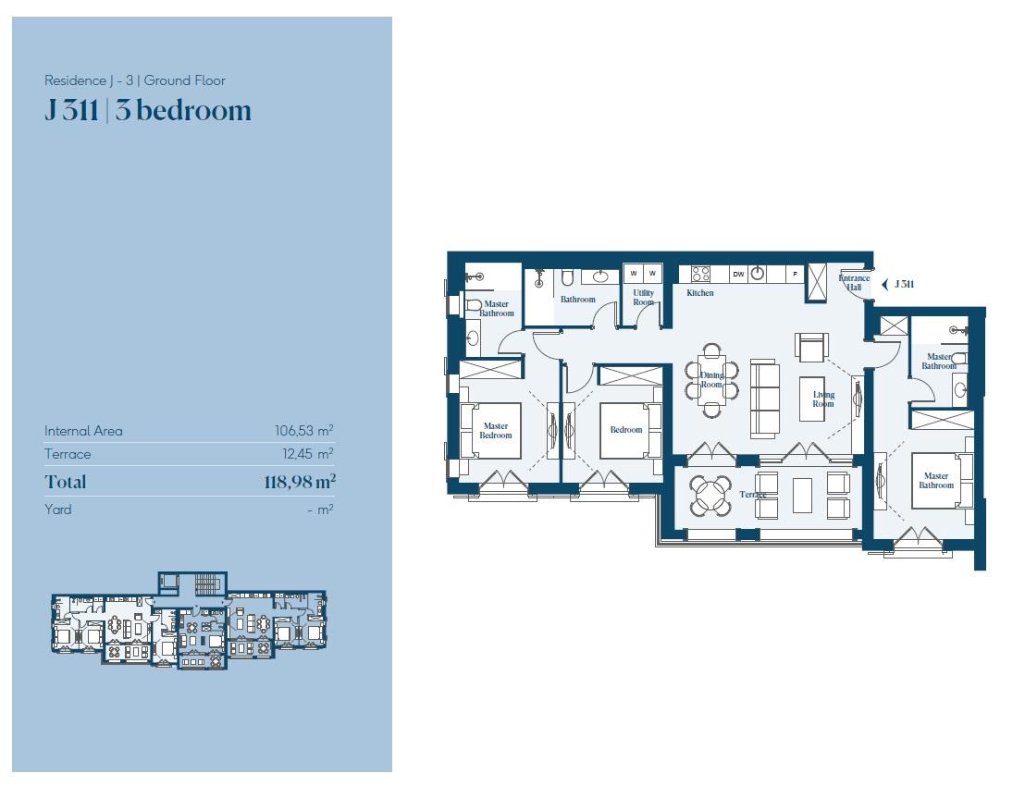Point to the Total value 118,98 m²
point(299,482)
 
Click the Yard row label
point(57,509)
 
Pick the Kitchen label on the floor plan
point(699,293)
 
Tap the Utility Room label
point(643,298)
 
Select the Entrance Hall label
point(854,283)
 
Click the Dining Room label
point(711,381)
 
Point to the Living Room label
point(823,399)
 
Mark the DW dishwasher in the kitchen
point(738,274)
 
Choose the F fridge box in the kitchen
point(795,274)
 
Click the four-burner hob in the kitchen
point(701,274)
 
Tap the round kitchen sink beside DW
point(758,274)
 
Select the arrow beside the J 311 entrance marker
point(884,284)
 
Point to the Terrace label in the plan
point(753,495)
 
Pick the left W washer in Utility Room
point(634,273)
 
